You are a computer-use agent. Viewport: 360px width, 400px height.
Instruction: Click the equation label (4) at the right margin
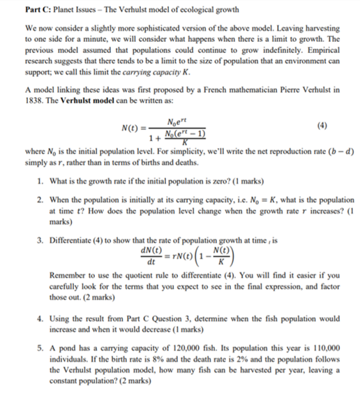coord(322,126)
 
